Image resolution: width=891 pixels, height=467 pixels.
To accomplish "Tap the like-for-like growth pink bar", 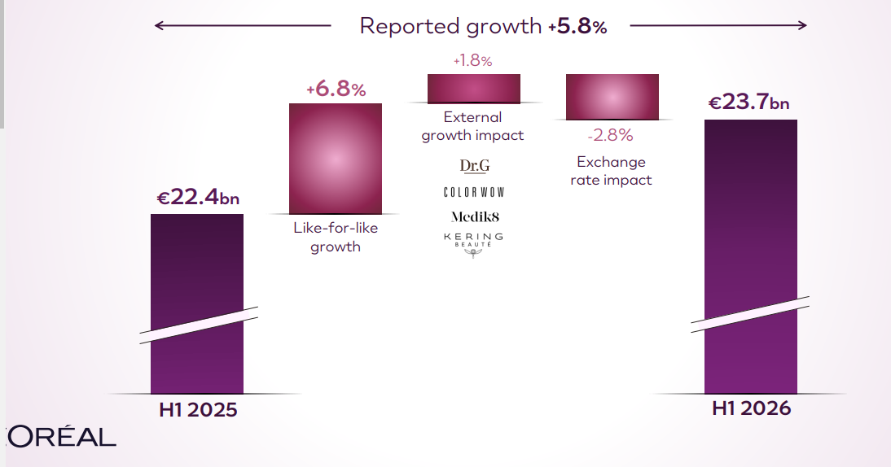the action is [336, 159].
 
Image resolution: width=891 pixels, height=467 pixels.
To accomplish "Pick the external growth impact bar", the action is [473, 89].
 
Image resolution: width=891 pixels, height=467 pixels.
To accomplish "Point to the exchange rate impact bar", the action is [612, 97].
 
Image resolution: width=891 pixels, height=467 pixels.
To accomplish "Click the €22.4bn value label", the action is [198, 197].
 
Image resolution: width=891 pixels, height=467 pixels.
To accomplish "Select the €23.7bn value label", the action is [748, 103].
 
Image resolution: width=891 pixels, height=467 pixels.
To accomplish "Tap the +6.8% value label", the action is [336, 89].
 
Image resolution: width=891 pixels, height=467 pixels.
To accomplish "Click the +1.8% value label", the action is [472, 61].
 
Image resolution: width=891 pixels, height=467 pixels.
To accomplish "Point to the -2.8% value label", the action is [610, 135].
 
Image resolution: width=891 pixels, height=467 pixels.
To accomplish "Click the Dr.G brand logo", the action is [475, 166].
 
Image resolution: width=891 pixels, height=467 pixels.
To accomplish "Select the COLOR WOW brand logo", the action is [474, 192].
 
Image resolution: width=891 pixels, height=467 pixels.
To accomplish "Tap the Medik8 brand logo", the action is [475, 216].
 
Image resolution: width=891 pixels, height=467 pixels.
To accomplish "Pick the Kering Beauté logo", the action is [473, 245].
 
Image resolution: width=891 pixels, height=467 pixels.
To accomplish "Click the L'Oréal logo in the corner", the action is [59, 436].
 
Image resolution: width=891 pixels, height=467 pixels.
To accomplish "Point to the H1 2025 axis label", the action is [198, 410].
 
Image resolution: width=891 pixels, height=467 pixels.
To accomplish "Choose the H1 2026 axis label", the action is [751, 408].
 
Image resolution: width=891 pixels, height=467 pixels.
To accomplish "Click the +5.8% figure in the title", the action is [577, 26].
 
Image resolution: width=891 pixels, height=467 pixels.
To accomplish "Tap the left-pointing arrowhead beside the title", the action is [159, 25].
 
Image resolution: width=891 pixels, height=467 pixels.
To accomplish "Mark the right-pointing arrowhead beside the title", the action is [802, 25].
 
